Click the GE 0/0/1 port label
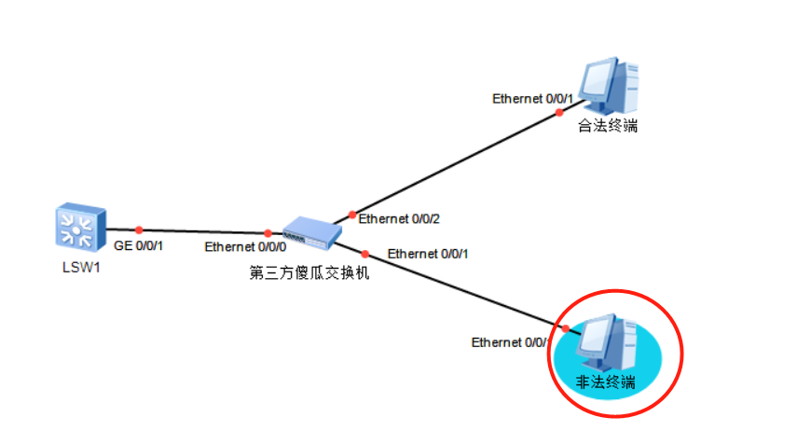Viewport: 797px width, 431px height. coord(138,247)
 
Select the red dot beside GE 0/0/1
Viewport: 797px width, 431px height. coord(139,229)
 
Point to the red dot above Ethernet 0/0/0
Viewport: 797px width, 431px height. coord(268,233)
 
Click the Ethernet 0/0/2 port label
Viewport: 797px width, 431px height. coord(399,219)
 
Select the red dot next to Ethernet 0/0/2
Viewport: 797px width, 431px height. coord(351,215)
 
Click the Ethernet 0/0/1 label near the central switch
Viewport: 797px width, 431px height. coord(428,254)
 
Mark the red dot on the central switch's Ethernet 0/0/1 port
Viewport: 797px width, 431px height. coord(365,254)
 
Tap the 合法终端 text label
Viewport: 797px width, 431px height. coord(608,127)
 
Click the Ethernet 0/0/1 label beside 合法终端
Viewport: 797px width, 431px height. coord(533,97)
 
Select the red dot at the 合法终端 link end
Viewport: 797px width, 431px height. coord(559,112)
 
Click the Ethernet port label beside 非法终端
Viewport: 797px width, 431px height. coord(510,342)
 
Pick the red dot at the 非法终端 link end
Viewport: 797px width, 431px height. coord(566,328)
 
